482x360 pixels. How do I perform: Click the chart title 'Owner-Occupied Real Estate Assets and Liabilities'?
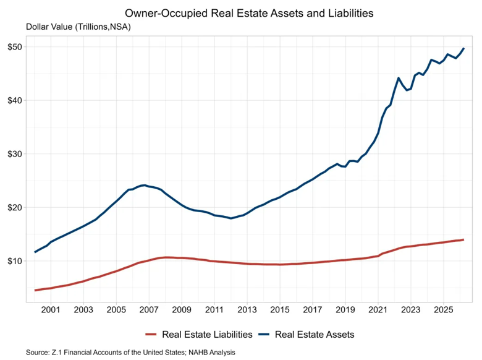coord(249,13)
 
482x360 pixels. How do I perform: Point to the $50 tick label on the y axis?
coord(15,47)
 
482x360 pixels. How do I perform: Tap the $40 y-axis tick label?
coord(15,101)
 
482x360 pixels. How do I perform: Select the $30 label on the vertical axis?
coord(15,154)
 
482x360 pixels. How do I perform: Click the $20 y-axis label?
coord(15,207)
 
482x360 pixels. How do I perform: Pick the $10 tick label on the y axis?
coord(15,261)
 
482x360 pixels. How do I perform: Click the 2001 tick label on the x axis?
coord(51,309)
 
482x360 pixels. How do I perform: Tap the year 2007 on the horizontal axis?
coord(149,309)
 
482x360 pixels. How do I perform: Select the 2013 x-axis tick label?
coord(247,309)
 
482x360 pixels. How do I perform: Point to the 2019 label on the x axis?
coord(345,309)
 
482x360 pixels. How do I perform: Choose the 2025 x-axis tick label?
coord(443,309)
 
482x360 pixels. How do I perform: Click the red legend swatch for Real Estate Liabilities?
coord(151,335)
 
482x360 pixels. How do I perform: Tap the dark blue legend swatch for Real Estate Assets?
coord(264,335)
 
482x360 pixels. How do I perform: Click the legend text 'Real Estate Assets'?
coord(315,335)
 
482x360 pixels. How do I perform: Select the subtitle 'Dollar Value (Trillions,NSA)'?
coord(78,27)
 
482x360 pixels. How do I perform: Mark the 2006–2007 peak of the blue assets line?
coord(145,185)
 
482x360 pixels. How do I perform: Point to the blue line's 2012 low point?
coord(231,218)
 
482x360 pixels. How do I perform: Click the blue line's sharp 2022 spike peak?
coord(399,78)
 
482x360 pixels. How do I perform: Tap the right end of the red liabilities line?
coord(463,240)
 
